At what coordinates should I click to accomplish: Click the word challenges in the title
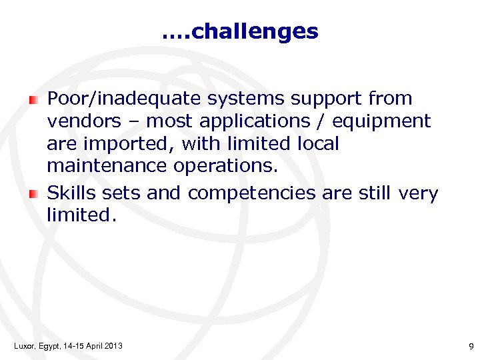[254, 31]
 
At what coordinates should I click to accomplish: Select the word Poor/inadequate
[125, 99]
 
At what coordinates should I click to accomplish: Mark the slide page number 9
[471, 346]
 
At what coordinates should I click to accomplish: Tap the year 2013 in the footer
[113, 345]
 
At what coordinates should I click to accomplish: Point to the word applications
[258, 122]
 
